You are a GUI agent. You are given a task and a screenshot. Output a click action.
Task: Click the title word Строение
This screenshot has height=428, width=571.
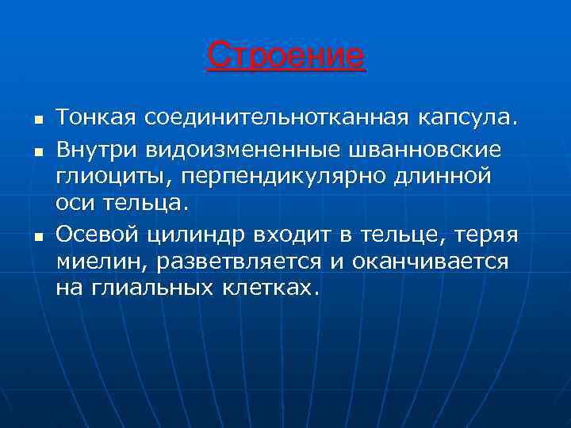pos(285,56)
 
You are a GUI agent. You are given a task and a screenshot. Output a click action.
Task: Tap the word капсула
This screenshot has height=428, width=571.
pos(466,118)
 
